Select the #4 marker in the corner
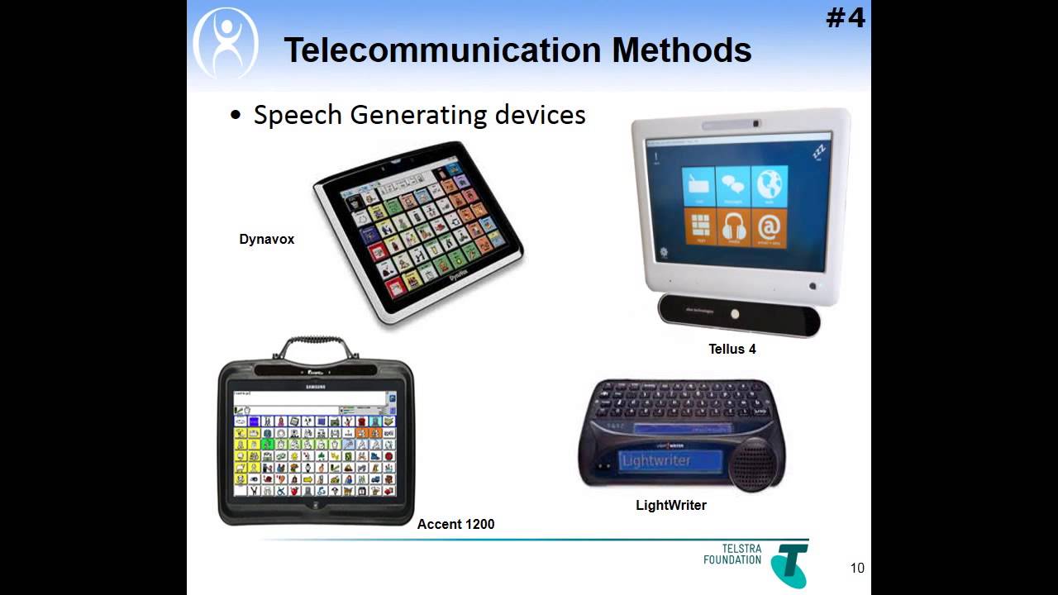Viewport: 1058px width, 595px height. click(x=845, y=17)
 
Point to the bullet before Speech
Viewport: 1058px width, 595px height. click(x=236, y=117)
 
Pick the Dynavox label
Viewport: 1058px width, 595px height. click(x=266, y=240)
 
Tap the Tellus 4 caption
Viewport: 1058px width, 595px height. click(x=732, y=349)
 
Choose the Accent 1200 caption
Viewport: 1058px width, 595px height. click(x=455, y=524)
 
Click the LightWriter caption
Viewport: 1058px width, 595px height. click(x=670, y=505)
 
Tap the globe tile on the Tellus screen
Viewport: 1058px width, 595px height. click(x=770, y=186)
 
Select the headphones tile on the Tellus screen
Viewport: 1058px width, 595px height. click(x=733, y=227)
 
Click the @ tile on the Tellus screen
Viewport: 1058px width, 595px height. click(x=769, y=227)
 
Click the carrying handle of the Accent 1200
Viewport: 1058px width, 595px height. click(x=316, y=346)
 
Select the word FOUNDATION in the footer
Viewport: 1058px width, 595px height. click(x=732, y=560)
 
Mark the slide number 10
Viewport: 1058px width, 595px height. click(x=857, y=568)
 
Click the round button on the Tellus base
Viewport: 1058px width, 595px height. click(x=735, y=314)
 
